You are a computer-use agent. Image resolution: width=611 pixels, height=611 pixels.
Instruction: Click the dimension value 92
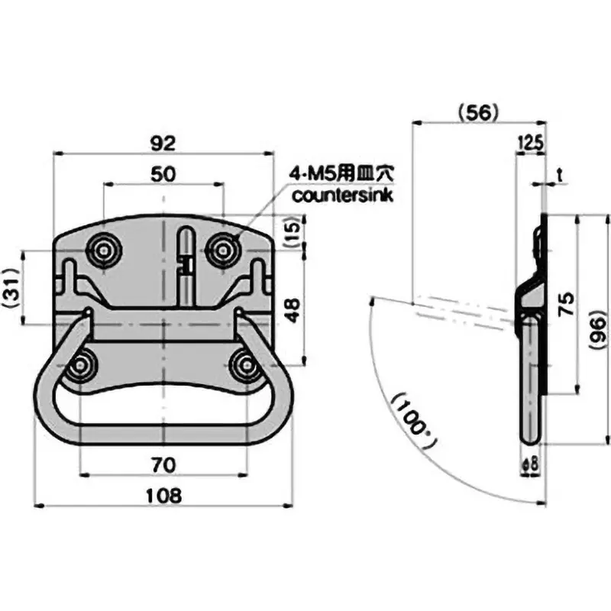point(163,143)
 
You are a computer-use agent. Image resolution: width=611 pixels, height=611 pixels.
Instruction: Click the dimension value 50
point(163,173)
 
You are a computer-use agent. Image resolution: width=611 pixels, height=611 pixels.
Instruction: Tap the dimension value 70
point(163,463)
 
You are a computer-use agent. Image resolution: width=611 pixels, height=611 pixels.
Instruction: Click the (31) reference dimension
point(9,288)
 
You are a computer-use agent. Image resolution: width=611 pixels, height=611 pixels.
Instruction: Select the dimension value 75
point(567,306)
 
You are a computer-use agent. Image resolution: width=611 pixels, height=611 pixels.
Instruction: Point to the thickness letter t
point(560,175)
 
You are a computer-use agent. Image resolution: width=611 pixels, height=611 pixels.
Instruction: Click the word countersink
point(343,196)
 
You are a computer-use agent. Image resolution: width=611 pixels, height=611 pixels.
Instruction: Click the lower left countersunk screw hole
point(79,367)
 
